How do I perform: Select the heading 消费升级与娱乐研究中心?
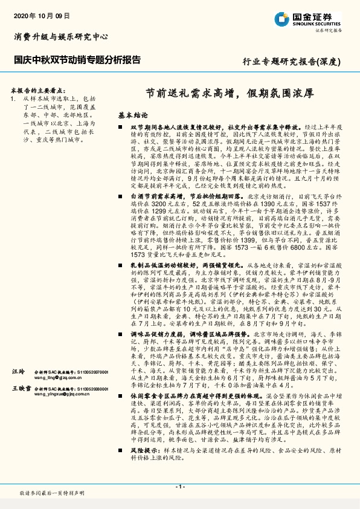tap(60, 37)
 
